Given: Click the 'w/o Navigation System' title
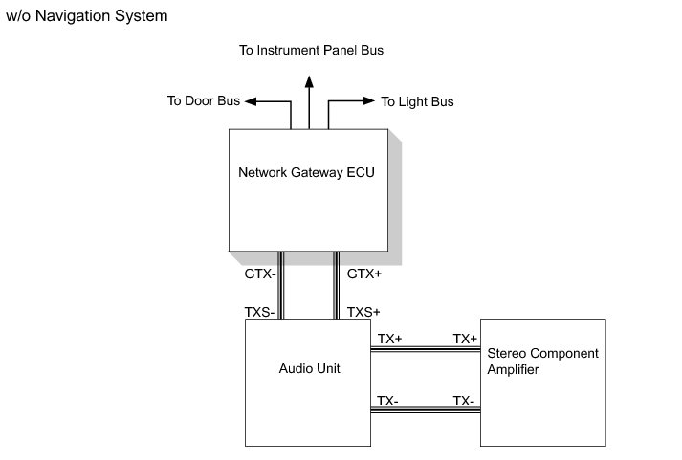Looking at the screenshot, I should point(87,16).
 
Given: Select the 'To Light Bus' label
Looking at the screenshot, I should point(417,101).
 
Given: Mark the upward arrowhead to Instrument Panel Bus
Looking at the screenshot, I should point(309,81).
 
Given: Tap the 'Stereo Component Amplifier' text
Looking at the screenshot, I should point(541,361).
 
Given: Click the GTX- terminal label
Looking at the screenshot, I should point(259,274).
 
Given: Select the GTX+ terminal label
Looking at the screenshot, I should point(364,274).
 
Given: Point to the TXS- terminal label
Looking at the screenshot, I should point(260,312).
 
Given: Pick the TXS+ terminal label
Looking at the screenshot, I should point(363,312).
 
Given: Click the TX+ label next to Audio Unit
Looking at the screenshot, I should point(389,339).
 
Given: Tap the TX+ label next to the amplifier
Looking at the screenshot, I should point(465,339).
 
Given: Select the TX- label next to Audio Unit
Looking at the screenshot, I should point(387,401).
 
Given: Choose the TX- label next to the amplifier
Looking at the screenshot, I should point(464,401).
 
